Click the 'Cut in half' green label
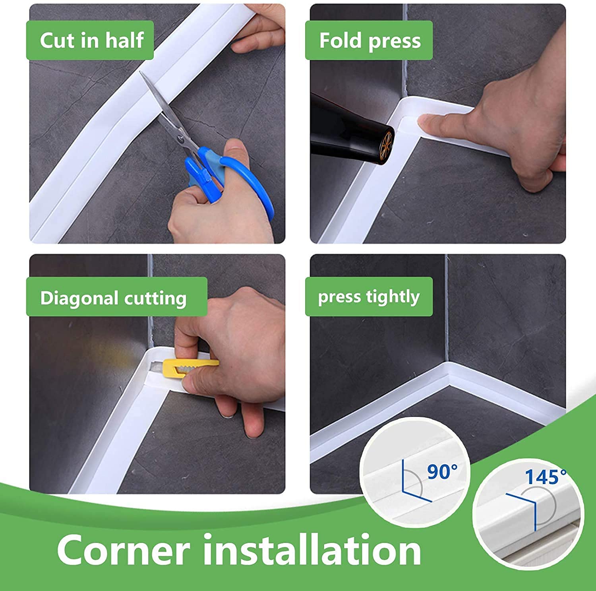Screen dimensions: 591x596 click(x=90, y=40)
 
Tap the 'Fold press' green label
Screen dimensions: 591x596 click(x=369, y=40)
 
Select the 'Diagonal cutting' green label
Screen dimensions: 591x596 click(x=116, y=297)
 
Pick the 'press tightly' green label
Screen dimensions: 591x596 click(x=369, y=296)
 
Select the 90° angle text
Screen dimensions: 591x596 click(x=442, y=472)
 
